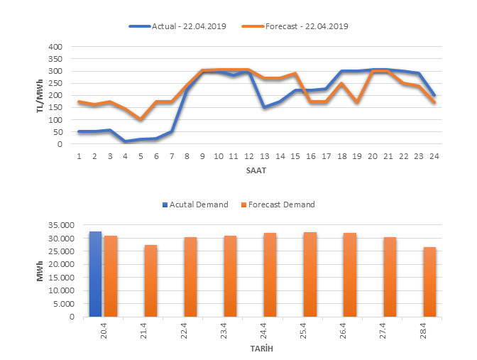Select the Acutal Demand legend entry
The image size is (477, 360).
(x=198, y=204)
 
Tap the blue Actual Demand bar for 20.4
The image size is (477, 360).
(x=95, y=274)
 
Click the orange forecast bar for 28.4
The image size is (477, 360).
(x=429, y=282)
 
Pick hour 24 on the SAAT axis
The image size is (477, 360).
(x=434, y=155)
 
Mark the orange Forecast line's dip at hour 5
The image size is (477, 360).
(x=140, y=119)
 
